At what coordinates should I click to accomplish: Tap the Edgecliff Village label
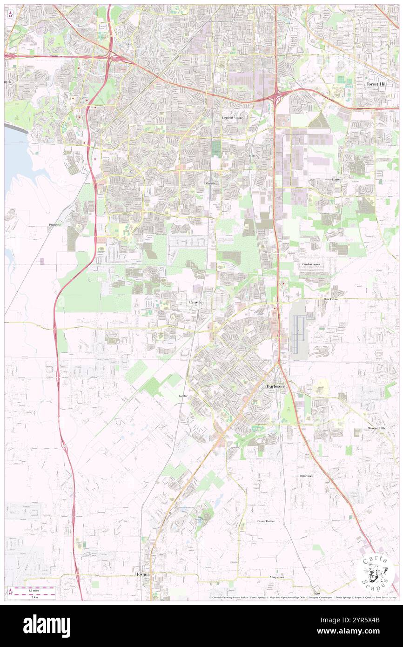click(x=232, y=118)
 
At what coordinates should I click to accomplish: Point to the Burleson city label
click(x=278, y=387)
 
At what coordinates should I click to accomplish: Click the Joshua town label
click(x=143, y=574)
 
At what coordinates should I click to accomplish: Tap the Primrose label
click(x=54, y=225)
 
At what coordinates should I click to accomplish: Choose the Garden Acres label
click(x=311, y=264)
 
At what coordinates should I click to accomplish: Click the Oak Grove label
click(x=330, y=299)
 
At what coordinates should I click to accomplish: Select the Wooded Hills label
click(x=376, y=428)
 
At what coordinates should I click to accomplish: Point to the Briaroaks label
click(x=306, y=476)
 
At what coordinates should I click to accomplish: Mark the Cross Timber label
click(x=266, y=521)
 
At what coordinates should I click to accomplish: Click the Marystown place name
click(x=276, y=577)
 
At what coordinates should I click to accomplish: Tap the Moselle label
click(x=211, y=184)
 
